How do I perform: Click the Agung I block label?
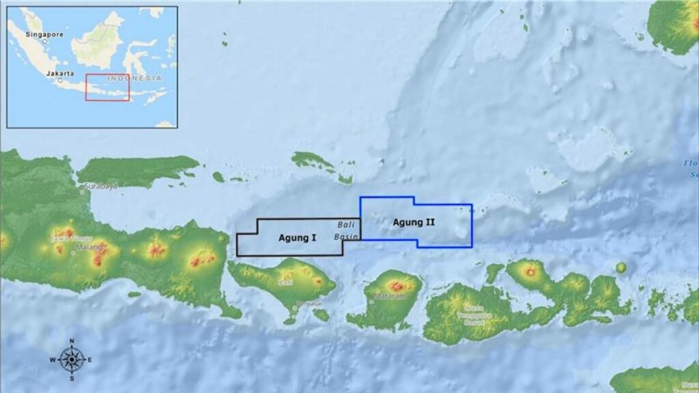point(297,238)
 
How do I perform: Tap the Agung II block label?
point(414,222)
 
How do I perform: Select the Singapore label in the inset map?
point(44,33)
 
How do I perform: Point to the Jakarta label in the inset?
point(60,72)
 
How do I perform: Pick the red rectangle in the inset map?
point(107,87)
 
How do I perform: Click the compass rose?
point(71,359)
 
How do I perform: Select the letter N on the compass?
point(71,340)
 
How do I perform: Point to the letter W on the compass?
point(53,359)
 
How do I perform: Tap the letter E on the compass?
point(89,359)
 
